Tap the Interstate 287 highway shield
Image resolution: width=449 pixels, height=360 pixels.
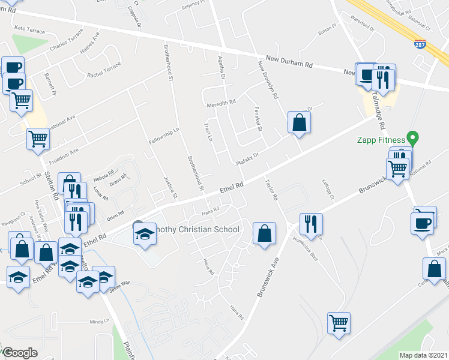coord(420,44)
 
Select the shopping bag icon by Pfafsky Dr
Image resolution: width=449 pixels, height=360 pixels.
coord(298,123)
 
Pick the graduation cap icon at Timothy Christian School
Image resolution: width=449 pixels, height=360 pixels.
coord(145,234)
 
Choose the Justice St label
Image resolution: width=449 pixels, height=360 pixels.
coord(170,187)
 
